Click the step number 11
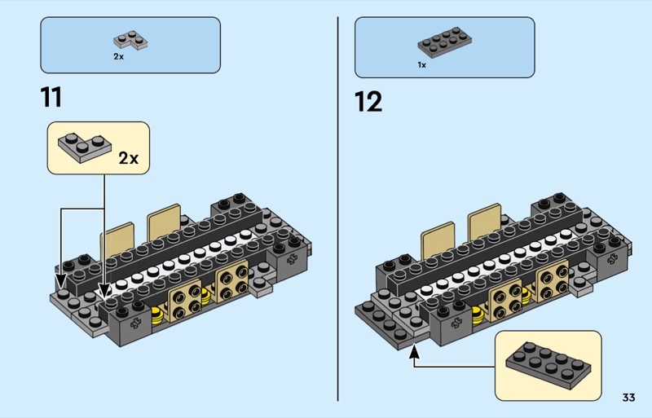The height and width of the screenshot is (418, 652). pos(51,97)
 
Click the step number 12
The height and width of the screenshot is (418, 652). pos(368,102)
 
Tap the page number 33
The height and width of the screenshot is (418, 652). pos(628,398)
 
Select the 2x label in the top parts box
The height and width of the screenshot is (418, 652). pos(118,57)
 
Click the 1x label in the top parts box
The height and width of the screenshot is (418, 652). pos(421,64)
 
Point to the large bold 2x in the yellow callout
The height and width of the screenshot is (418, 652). pos(129,157)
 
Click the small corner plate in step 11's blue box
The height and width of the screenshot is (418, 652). pos(130,40)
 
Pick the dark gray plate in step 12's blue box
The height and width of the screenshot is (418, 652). pos(443,42)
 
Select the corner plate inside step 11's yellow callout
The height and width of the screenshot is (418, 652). pos(85,146)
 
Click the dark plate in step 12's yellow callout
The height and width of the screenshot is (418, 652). pos(545,366)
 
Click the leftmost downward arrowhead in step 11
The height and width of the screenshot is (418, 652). pos(61,282)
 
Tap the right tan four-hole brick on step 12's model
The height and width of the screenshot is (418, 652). pos(553,282)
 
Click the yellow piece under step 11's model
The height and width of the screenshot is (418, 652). pos(156,316)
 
